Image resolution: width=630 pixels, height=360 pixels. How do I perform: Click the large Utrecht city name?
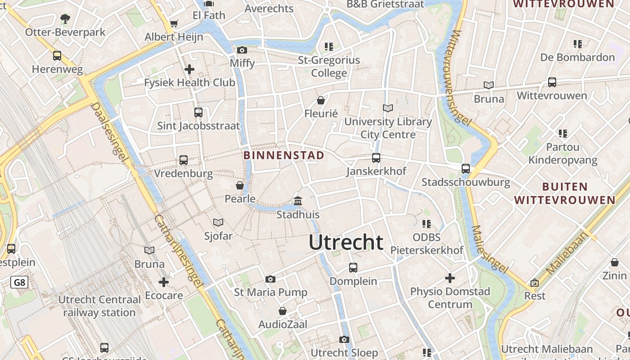click(x=346, y=243)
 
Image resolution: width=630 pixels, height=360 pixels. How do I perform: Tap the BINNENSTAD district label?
click(x=283, y=155)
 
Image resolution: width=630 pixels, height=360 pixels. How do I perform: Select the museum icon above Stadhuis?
click(x=298, y=201)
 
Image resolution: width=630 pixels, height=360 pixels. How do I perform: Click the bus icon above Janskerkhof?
click(x=376, y=158)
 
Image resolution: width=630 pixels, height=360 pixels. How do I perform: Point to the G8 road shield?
click(x=19, y=283)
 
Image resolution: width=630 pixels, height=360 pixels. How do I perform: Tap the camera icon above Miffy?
click(x=242, y=50)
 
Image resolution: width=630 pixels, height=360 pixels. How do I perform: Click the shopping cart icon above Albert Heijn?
click(x=174, y=23)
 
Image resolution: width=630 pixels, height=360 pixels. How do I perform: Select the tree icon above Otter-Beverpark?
click(x=65, y=18)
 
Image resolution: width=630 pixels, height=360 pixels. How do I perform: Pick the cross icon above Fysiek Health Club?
click(x=189, y=69)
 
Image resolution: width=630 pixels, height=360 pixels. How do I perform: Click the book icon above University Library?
click(x=388, y=108)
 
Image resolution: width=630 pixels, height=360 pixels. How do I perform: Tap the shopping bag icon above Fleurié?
click(x=321, y=100)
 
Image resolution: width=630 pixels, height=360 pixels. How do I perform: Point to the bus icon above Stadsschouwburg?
click(x=466, y=169)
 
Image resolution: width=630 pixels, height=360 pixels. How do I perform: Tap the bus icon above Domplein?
click(x=353, y=268)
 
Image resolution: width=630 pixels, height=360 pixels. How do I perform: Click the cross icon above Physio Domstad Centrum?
click(x=450, y=278)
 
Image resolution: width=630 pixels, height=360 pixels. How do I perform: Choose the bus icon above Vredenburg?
click(x=184, y=160)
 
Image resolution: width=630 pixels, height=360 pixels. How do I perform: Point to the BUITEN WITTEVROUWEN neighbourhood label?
click(x=565, y=193)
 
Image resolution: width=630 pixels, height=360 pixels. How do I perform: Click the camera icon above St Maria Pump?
click(x=270, y=279)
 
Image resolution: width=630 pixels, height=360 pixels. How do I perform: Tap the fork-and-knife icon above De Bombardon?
click(x=578, y=44)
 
